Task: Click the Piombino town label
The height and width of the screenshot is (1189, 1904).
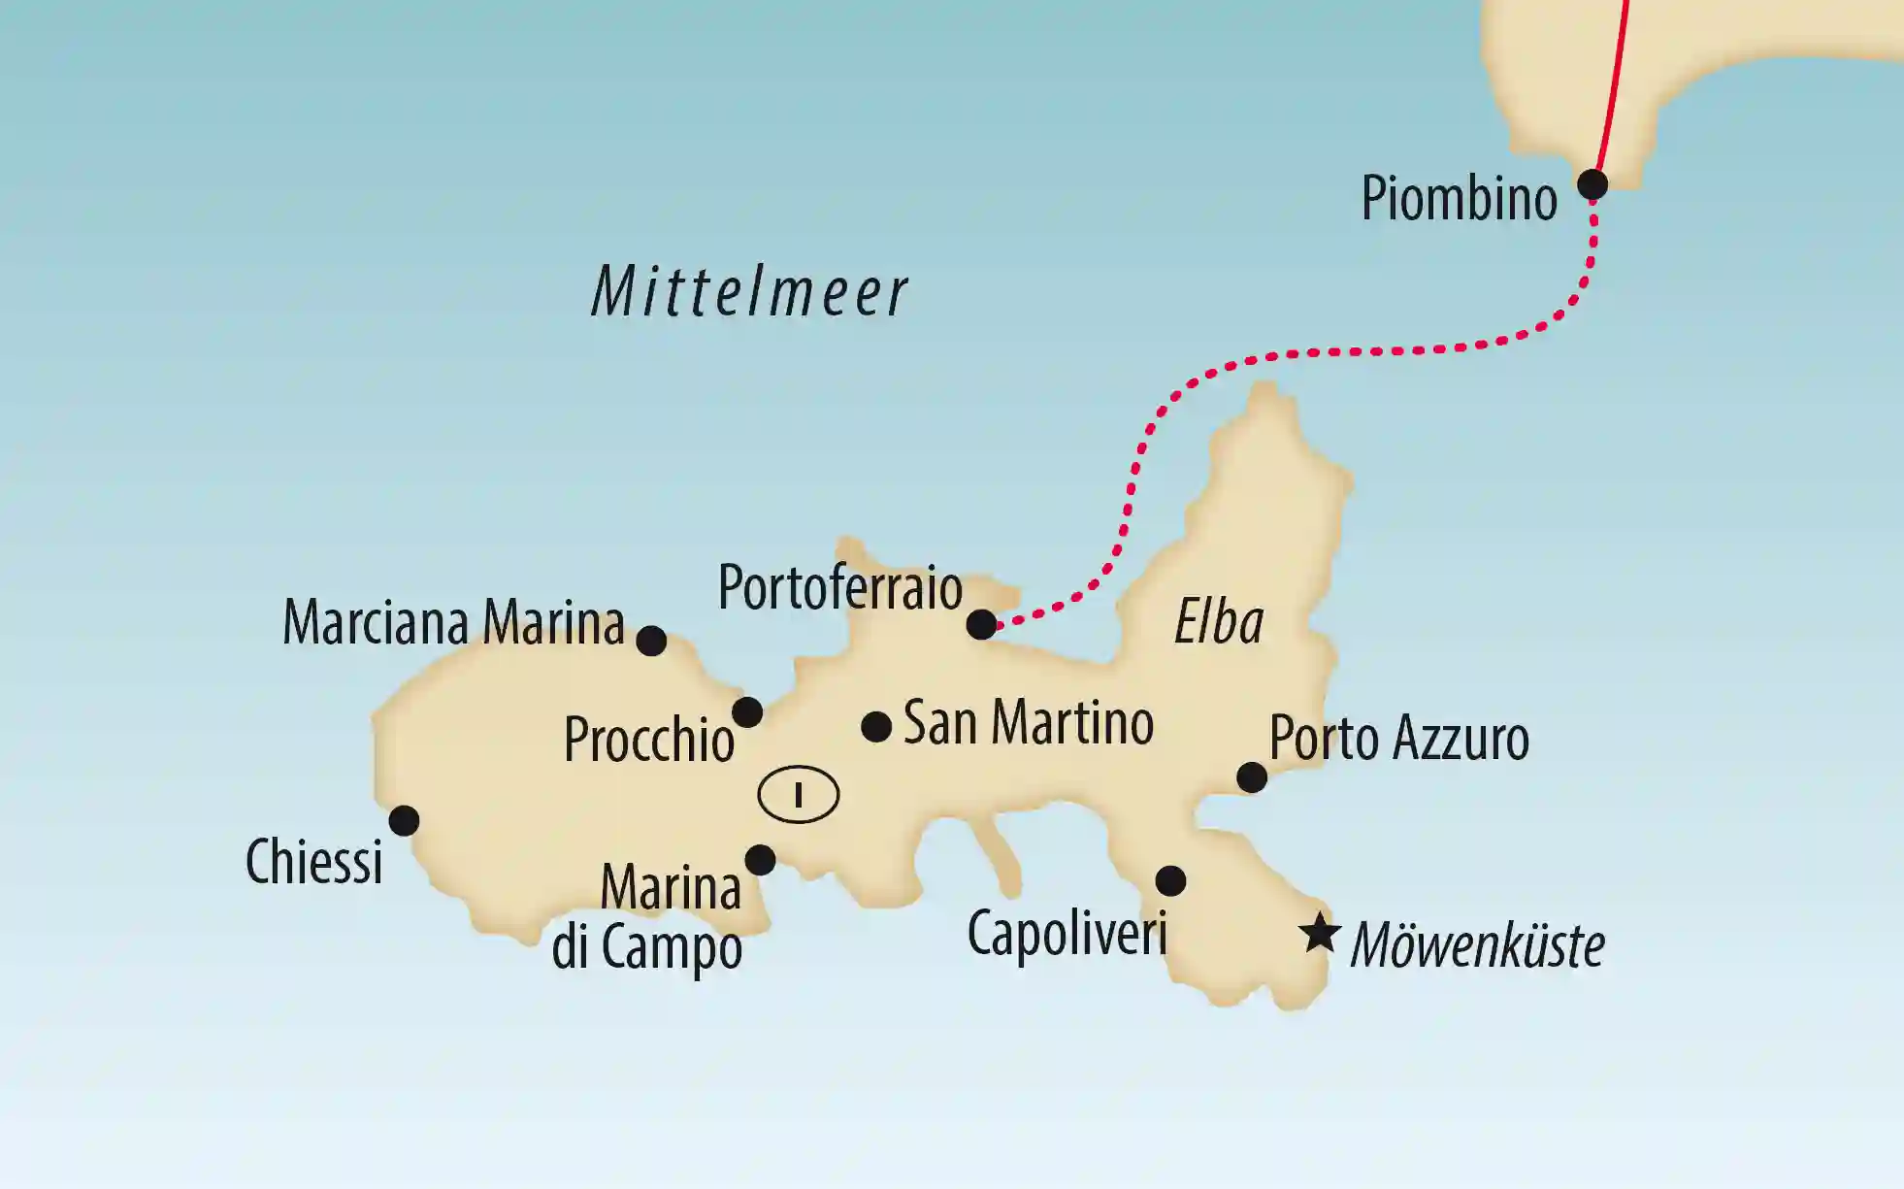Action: tap(1459, 199)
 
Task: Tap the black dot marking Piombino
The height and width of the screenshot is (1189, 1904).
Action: tap(1592, 183)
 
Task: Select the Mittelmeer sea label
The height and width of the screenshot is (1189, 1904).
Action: tap(749, 292)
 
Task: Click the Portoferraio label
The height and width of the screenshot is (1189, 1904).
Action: tap(839, 588)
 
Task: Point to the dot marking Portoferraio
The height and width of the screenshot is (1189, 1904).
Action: tap(981, 624)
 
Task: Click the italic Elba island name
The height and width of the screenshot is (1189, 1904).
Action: tap(1219, 622)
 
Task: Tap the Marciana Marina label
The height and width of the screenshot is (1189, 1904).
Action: tap(453, 622)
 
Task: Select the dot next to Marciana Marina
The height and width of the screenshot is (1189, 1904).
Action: tap(651, 641)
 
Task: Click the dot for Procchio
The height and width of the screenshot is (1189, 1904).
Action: tap(746, 712)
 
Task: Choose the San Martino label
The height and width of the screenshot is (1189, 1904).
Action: tap(1028, 723)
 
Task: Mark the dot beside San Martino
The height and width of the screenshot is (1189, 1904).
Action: tap(876, 726)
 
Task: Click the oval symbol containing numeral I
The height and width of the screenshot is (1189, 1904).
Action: tap(798, 795)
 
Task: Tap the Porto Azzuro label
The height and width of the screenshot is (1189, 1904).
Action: tap(1398, 739)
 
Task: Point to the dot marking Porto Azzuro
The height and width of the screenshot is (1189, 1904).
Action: tap(1252, 777)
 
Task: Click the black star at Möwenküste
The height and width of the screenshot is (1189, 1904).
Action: tap(1320, 934)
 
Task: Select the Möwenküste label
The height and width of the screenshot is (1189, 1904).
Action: tap(1477, 945)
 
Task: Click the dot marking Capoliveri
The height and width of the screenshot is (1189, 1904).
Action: tap(1170, 881)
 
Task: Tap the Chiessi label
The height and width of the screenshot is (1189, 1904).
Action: tap(313, 862)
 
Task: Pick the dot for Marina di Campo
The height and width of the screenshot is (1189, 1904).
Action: tap(760, 859)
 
